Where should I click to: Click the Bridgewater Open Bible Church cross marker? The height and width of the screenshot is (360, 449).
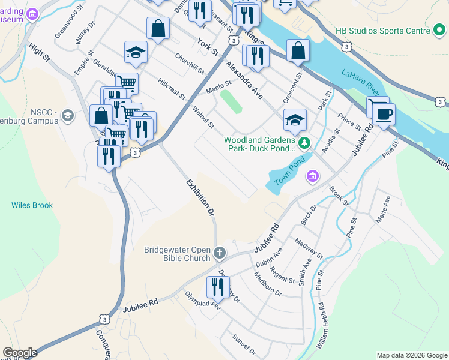pyautogui.click(x=219, y=253)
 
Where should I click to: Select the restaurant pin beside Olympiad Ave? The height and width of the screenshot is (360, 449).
pyautogui.click(x=217, y=286)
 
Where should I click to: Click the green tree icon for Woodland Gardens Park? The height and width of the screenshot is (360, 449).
pyautogui.click(x=304, y=142)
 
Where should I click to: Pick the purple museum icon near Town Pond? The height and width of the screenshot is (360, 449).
pyautogui.click(x=312, y=176)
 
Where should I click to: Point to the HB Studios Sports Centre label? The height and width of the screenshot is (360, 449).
pyautogui.click(x=382, y=30)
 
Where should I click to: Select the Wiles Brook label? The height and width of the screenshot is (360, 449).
pyautogui.click(x=32, y=205)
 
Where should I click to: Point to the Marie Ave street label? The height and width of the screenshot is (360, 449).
pyautogui.click(x=383, y=209)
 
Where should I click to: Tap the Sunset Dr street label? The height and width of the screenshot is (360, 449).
pyautogui.click(x=244, y=345)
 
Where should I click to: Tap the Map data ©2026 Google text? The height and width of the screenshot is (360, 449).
pyautogui.click(x=411, y=355)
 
